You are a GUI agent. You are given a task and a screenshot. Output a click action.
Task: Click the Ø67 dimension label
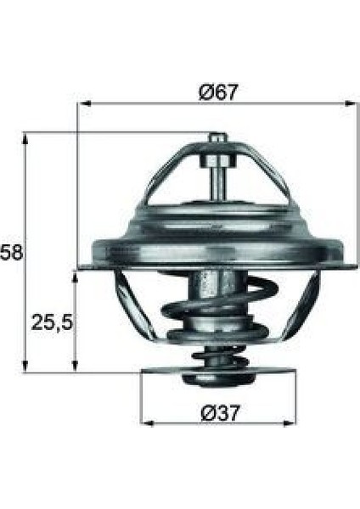tap(219, 92)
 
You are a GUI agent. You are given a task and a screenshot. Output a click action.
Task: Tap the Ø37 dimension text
tap(220, 413)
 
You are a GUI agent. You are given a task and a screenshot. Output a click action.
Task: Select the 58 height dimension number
tap(11, 252)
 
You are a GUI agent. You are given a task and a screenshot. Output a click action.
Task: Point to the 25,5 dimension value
tap(51, 322)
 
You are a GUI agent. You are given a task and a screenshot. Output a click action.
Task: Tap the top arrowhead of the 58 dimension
tap(25, 138)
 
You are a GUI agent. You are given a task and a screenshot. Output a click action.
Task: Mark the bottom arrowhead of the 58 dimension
tap(25, 366)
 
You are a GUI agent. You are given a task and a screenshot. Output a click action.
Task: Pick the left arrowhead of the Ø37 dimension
tap(148, 423)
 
